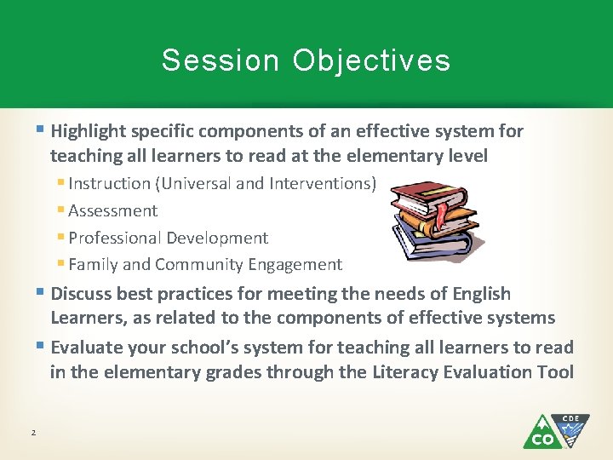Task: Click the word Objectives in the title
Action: coord(372,60)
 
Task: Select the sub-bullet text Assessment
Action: coord(113,210)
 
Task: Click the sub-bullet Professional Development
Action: coord(168,238)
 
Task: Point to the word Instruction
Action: coord(108,183)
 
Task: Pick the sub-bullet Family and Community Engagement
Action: coord(205,264)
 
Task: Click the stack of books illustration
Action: coord(434,220)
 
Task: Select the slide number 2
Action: coord(33,434)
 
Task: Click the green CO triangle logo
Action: coord(541,434)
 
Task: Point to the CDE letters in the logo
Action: coord(571,419)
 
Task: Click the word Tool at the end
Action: coord(555,372)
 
